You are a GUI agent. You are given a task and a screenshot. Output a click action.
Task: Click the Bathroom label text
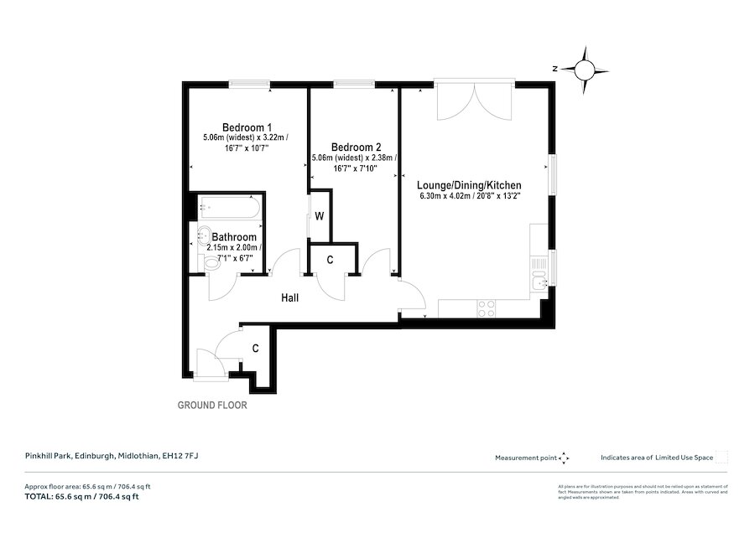click(x=234, y=237)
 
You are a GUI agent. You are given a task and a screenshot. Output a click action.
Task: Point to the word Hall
click(x=289, y=298)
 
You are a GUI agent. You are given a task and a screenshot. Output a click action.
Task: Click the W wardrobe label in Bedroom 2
click(x=319, y=216)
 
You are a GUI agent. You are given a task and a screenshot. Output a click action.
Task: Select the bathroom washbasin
click(x=206, y=235)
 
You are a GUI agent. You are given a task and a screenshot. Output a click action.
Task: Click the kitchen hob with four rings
click(x=486, y=309)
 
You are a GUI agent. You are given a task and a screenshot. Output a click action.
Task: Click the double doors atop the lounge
click(x=475, y=101)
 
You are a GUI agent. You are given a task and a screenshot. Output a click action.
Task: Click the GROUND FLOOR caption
click(x=212, y=405)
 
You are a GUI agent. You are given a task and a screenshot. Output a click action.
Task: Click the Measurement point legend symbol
click(x=564, y=458)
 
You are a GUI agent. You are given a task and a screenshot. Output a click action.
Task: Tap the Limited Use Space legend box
click(x=721, y=457)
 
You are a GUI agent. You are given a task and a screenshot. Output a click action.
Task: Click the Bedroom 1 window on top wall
click(x=250, y=83)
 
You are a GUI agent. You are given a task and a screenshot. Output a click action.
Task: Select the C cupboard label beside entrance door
click(x=254, y=347)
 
